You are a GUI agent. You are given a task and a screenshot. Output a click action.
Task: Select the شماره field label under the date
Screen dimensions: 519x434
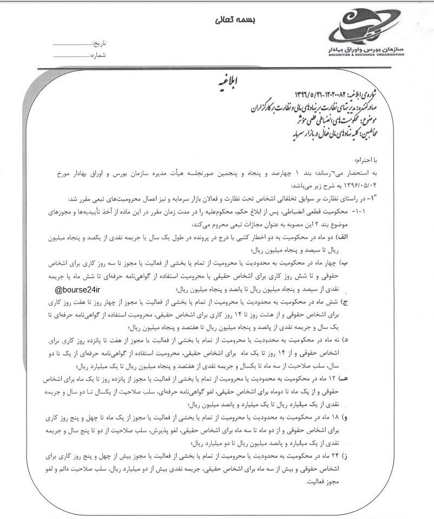pyautogui.click(x=100, y=55)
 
